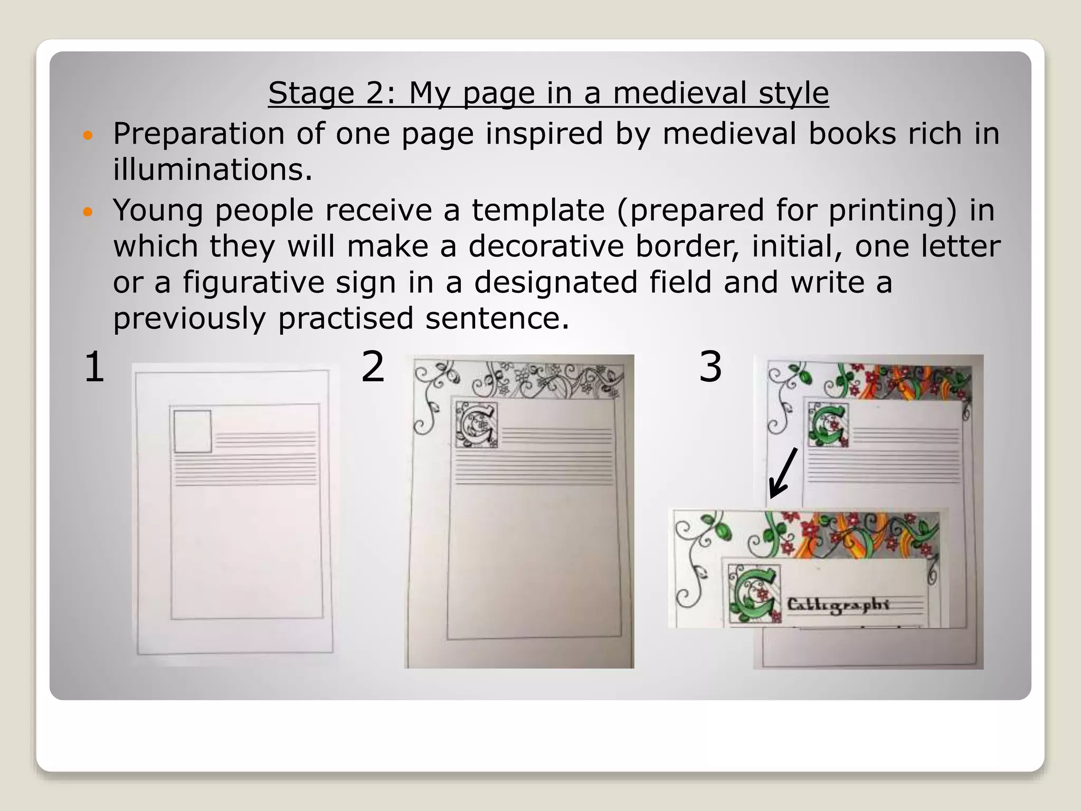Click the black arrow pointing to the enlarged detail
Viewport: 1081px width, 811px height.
click(783, 473)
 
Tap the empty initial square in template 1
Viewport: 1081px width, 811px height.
click(193, 431)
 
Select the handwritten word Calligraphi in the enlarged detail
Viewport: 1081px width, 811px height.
click(838, 605)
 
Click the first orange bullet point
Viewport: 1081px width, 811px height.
click(88, 136)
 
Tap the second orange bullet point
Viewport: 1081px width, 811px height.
click(88, 212)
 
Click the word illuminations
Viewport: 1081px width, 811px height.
click(213, 170)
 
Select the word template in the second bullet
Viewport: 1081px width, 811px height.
click(538, 210)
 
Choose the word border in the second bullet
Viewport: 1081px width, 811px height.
click(686, 246)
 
